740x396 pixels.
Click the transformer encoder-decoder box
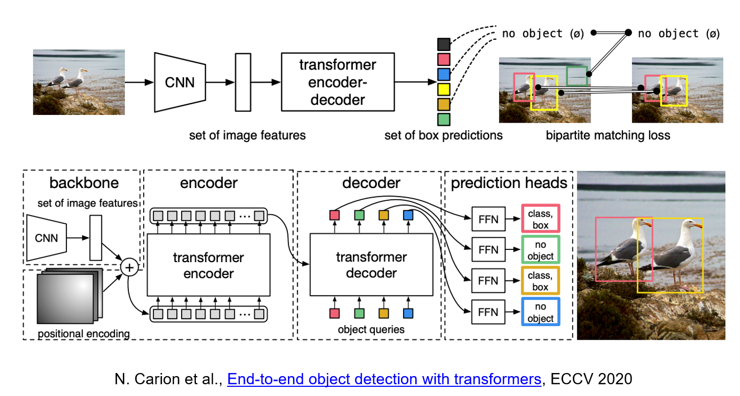coord(338,82)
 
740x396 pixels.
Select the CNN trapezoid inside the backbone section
coord(47,237)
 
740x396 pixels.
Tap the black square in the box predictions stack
coord(444,44)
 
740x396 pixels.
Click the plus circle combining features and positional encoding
coord(129,267)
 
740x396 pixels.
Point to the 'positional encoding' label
coord(84,334)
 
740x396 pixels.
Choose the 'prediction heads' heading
coord(509,183)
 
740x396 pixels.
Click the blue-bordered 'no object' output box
coord(541,312)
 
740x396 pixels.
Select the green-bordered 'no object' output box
coord(541,250)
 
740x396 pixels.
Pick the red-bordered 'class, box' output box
coord(541,219)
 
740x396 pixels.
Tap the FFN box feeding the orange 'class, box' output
coord(488,281)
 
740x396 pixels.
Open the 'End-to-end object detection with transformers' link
coord(384,379)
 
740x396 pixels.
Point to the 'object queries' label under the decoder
coord(371,330)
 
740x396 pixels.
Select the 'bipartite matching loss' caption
coord(608,135)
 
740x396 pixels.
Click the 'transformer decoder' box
coord(371,265)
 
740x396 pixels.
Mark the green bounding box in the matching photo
coord(577,76)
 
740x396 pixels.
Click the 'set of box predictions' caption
coord(443,135)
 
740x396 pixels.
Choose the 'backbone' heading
coord(84,183)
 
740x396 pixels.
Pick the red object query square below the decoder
coord(335,313)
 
